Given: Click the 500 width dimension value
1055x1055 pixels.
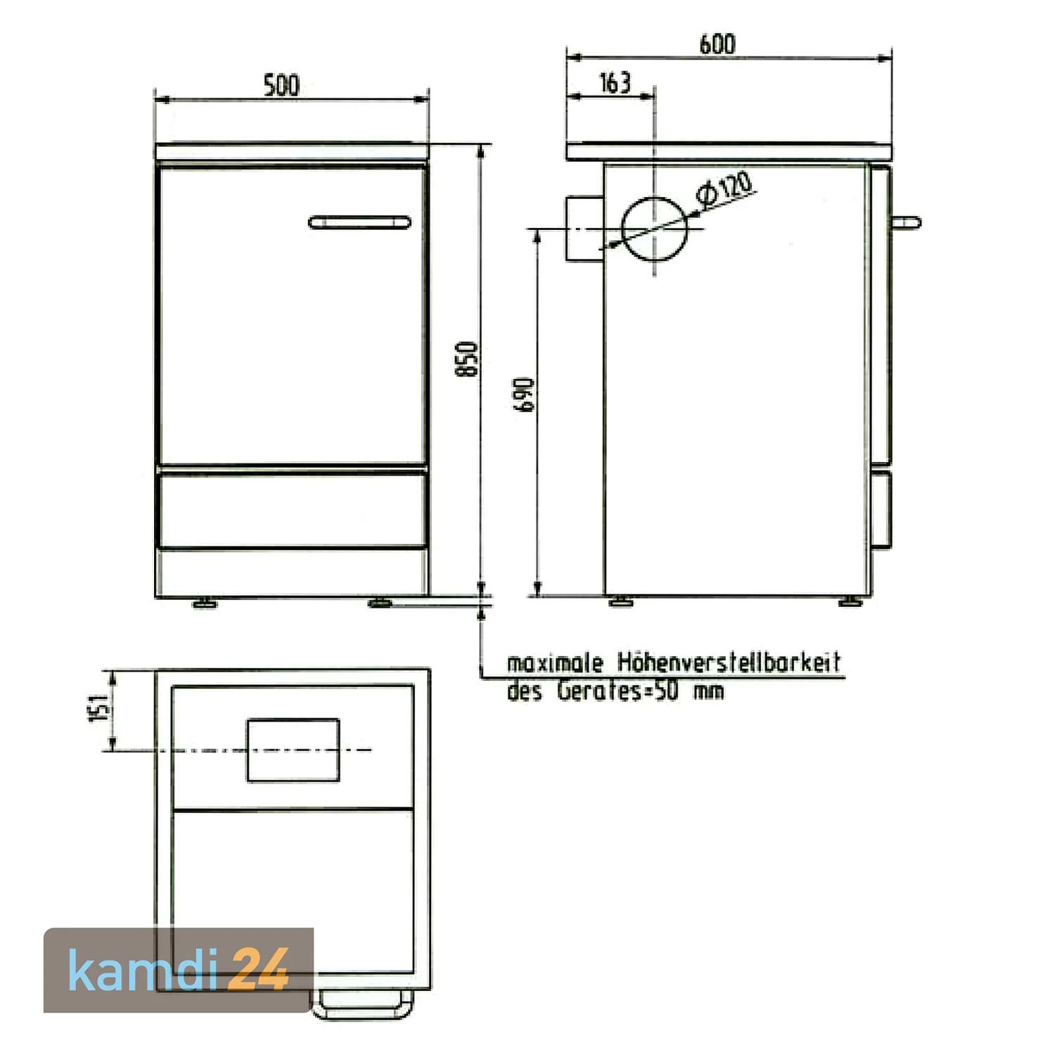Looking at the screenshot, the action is point(281,85).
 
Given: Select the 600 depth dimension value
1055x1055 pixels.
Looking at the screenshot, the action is point(717,44).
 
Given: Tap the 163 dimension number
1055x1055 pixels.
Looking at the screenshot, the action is point(615,83).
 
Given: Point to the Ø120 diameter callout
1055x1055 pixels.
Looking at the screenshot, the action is point(724,188).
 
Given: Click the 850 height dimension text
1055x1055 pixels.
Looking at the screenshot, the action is point(467,359).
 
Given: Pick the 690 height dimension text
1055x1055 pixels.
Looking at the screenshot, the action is point(524,395).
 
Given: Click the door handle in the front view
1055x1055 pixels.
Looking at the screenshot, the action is point(359,222).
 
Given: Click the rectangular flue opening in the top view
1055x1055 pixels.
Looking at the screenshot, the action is point(293,750).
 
